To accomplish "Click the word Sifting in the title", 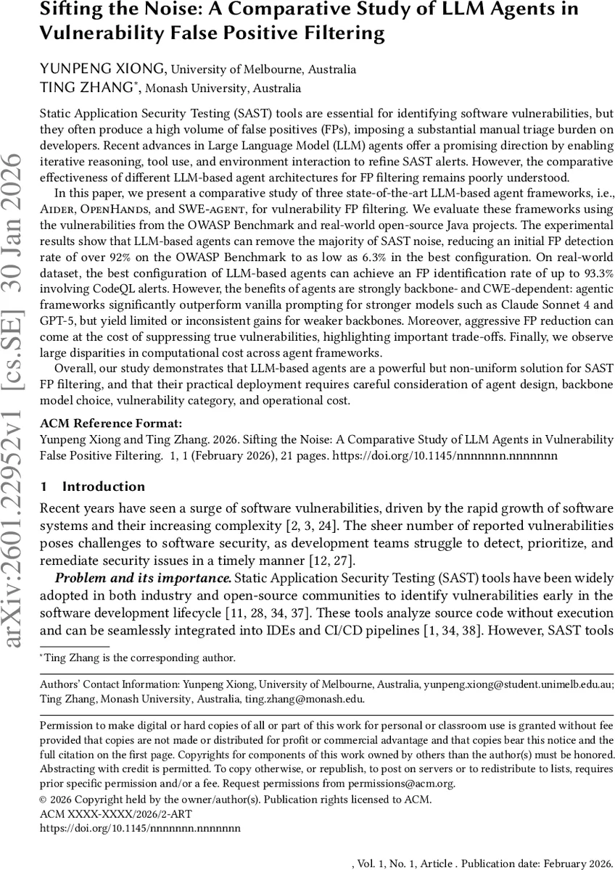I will pos(69,10).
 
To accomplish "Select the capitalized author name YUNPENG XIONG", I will pos(102,70).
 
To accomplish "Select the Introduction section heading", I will pos(103,486).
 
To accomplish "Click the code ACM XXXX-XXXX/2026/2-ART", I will pos(102,814).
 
